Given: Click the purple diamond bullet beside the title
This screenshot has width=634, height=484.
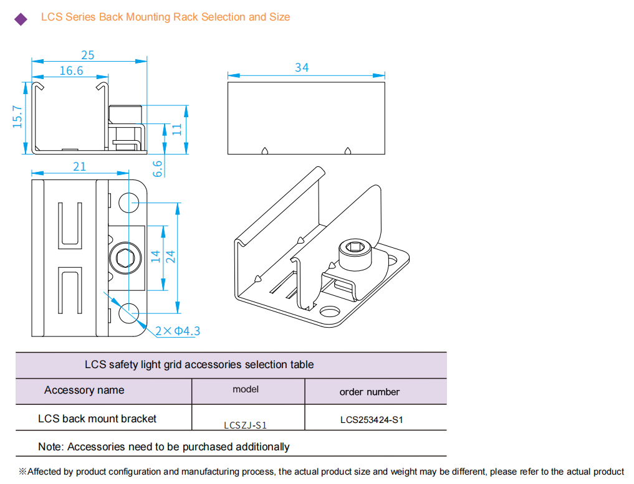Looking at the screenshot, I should [x=21, y=19].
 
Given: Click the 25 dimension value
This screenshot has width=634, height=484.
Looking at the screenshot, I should [x=88, y=55].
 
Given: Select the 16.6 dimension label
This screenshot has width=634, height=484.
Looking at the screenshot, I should [x=71, y=70].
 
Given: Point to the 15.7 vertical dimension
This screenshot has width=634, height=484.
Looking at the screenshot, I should [x=17, y=116].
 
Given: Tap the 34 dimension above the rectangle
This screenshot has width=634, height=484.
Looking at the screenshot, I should [x=302, y=67].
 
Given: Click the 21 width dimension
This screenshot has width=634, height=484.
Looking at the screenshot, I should [x=80, y=166].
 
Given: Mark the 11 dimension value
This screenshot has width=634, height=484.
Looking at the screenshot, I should [x=177, y=129].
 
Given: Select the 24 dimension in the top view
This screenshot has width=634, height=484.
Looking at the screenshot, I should [x=171, y=256].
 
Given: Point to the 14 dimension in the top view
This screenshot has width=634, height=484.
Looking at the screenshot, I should [x=156, y=256].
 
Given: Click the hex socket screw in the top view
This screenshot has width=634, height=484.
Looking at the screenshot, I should [x=120, y=256].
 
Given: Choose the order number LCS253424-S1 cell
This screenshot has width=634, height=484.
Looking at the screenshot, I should [x=372, y=419].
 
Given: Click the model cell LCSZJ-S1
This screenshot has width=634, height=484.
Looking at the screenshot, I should [x=246, y=425].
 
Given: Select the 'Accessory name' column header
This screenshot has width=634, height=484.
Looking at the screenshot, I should [x=84, y=391].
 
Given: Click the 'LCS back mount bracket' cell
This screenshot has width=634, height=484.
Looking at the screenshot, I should [x=97, y=419].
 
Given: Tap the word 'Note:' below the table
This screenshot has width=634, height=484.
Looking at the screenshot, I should [x=51, y=447].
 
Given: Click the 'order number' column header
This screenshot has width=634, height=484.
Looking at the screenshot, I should [x=370, y=392].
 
